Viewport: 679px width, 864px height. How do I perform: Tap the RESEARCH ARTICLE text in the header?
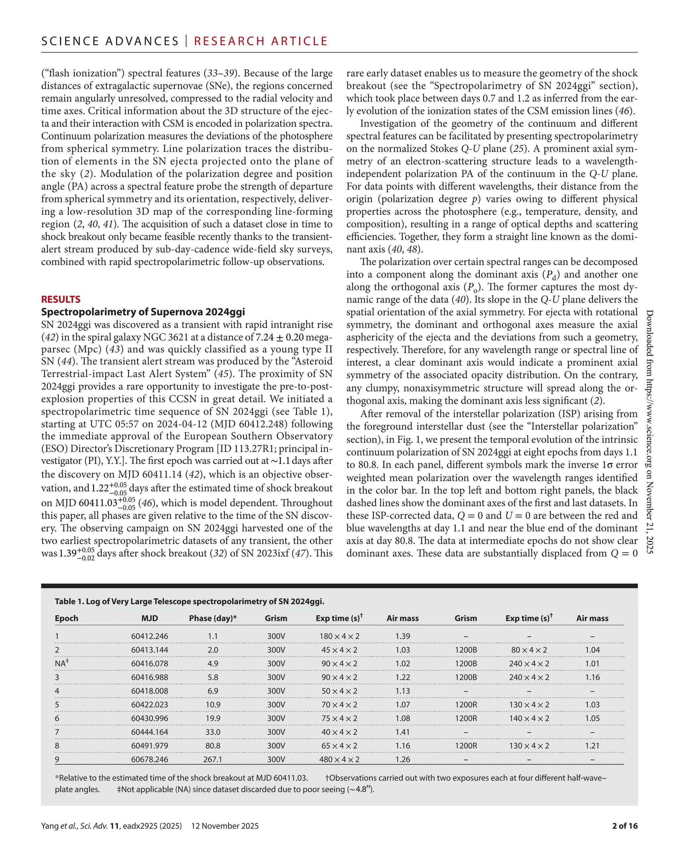(261, 41)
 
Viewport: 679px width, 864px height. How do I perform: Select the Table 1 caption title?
(189, 601)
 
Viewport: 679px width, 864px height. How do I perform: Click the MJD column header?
(150, 618)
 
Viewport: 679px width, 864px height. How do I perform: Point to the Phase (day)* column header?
(213, 618)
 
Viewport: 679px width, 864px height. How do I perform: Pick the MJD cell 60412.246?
(150, 636)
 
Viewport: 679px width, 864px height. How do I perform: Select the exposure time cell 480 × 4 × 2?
(339, 760)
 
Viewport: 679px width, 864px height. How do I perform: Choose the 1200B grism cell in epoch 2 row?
(465, 650)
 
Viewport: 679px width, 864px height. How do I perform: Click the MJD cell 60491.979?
(150, 746)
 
